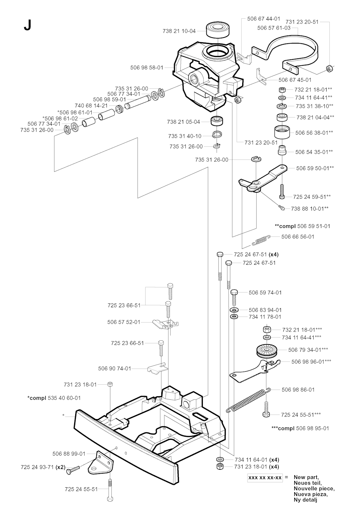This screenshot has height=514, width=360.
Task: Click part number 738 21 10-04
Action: tap(179, 31)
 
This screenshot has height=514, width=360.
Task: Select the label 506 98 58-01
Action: tap(147, 67)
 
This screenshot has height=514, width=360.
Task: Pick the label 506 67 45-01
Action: tap(295, 80)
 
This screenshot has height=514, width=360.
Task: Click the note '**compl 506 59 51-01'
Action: tap(302, 226)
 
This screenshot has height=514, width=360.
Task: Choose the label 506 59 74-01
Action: tap(265, 293)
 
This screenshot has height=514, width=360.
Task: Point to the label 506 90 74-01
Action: tap(115, 368)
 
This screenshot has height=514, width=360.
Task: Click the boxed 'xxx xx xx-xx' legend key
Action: tap(265, 478)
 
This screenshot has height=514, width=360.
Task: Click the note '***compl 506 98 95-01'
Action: tap(301, 428)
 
